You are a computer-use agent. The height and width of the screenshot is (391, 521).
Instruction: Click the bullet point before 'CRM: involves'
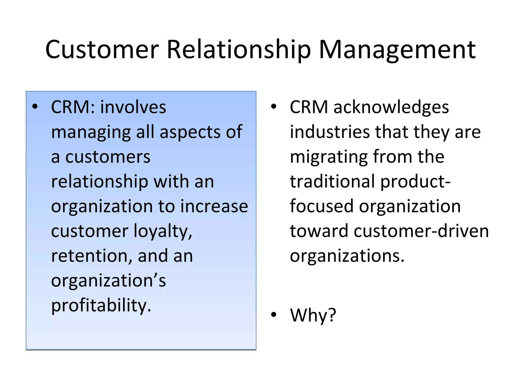[x=35, y=107]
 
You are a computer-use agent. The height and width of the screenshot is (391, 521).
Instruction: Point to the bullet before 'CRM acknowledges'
[x=273, y=107]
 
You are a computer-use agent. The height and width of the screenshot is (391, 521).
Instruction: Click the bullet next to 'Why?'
[x=273, y=315]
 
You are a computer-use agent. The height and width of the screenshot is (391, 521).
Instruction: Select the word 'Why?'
[x=313, y=315]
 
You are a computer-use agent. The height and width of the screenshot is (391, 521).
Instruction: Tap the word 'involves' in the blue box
[x=133, y=107]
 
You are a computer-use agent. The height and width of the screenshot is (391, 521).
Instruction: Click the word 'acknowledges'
[x=391, y=107]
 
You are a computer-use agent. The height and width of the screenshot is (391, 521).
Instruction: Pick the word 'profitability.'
[x=101, y=305]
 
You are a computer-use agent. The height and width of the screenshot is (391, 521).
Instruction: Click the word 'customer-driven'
[x=421, y=231]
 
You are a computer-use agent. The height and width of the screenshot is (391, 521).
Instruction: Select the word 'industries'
[x=330, y=132]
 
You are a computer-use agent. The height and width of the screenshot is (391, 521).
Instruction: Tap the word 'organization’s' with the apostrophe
[x=108, y=281]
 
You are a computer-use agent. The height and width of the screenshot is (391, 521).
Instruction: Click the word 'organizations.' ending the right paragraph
[x=347, y=256]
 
